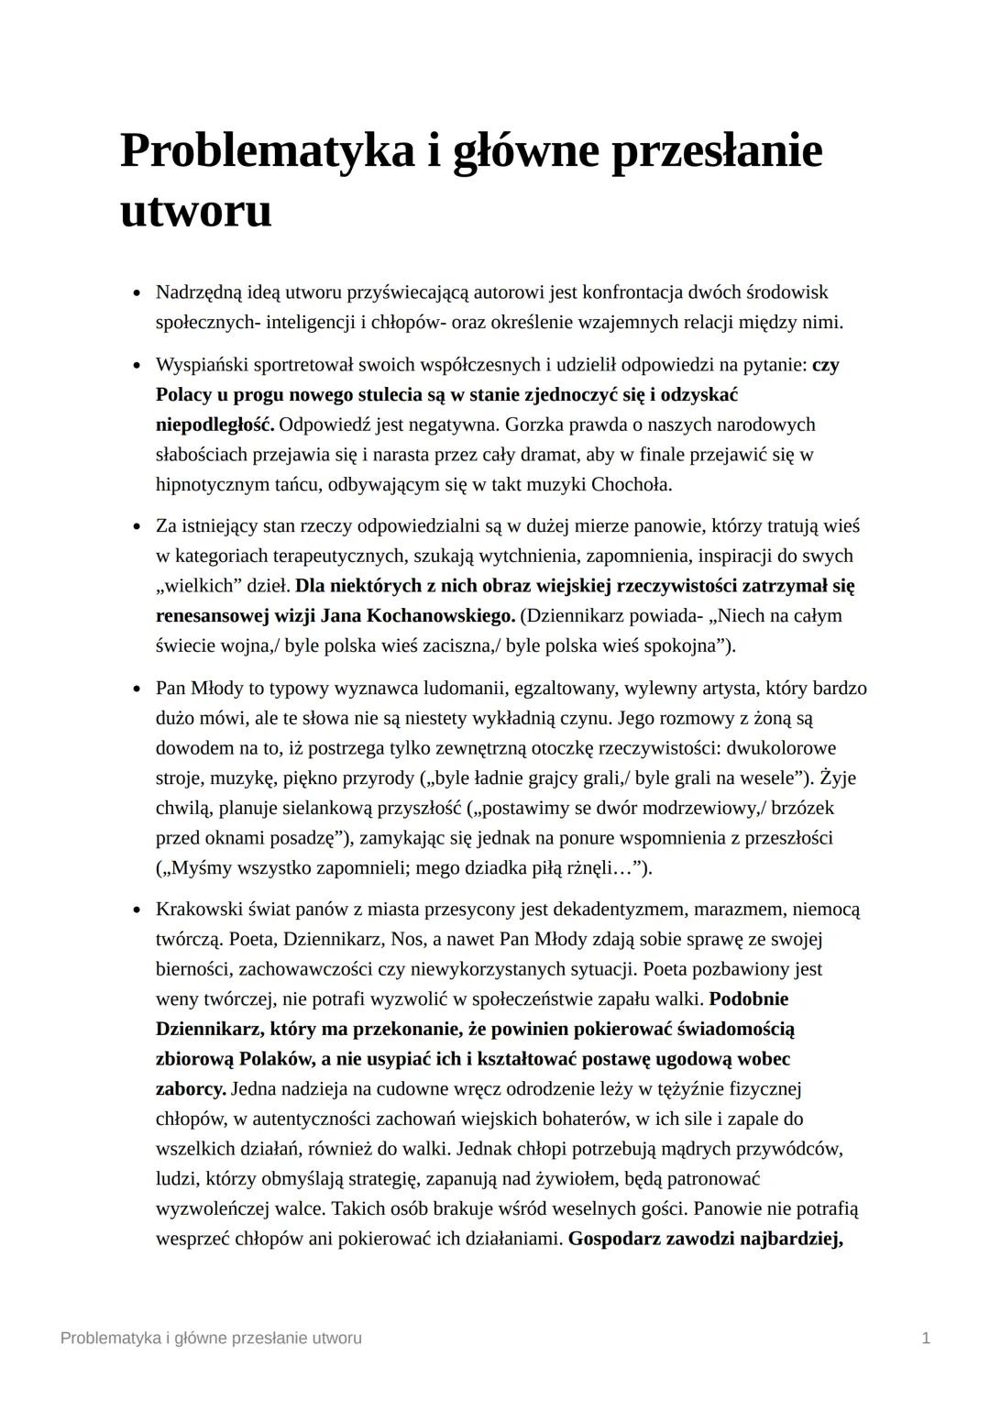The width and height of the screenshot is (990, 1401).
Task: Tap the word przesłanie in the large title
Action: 716,151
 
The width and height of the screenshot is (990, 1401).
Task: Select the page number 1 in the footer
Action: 926,1338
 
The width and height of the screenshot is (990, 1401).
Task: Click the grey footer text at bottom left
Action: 211,1338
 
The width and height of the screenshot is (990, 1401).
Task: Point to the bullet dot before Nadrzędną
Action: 136,293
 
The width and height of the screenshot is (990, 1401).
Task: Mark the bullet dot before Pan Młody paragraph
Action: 136,689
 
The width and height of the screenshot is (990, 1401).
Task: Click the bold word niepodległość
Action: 214,425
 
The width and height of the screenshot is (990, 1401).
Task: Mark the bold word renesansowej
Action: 213,615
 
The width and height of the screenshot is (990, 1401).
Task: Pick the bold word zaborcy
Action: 191,1089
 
